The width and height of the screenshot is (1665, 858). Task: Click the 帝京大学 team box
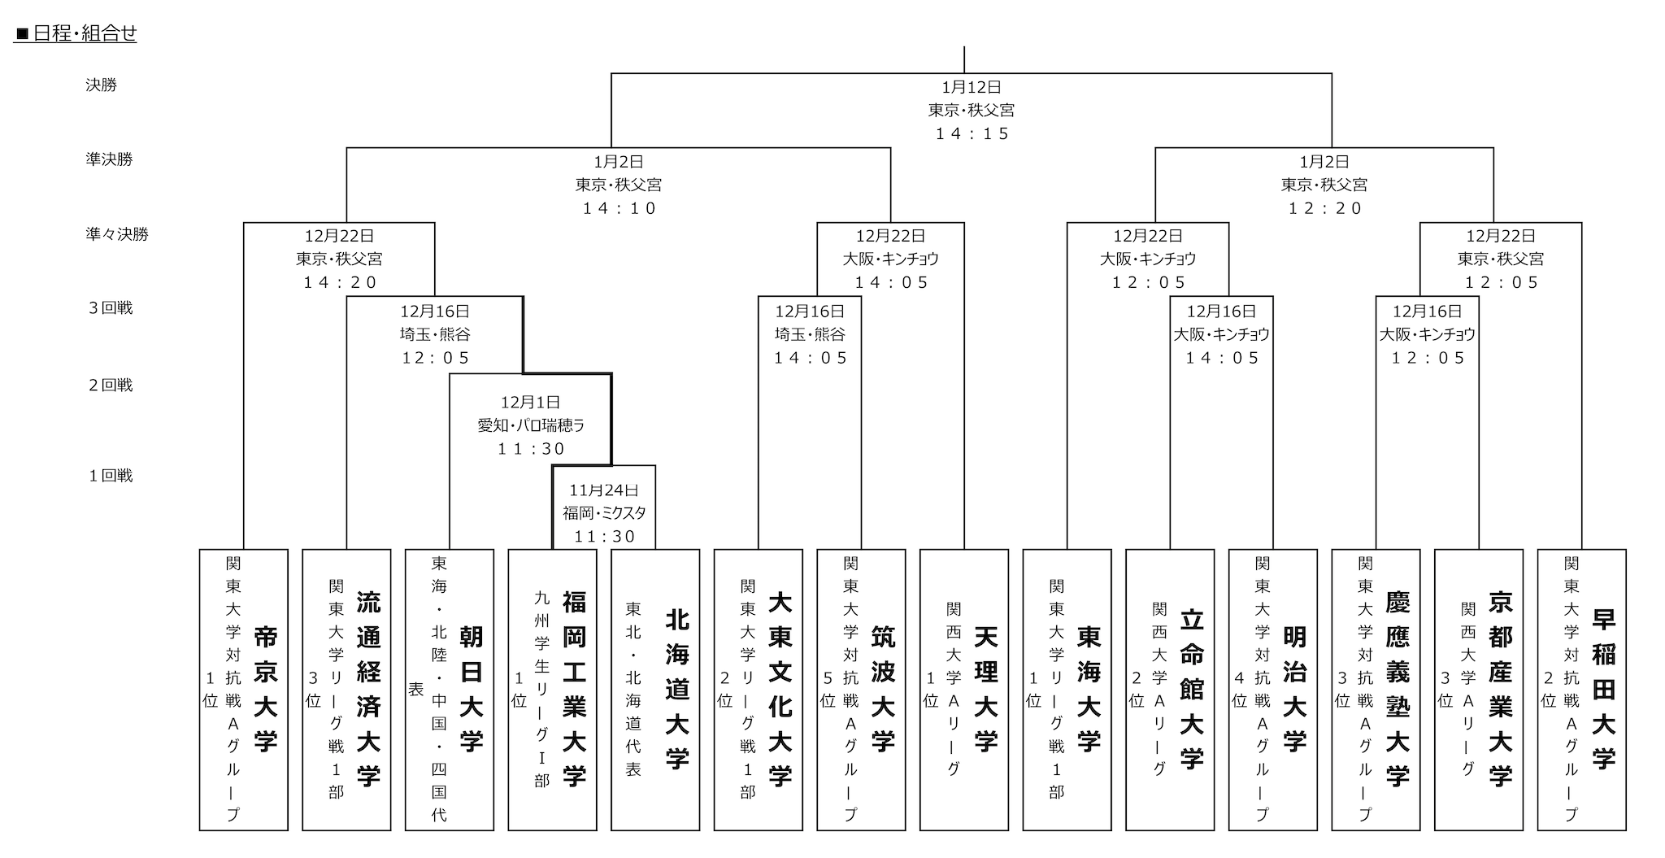pyautogui.click(x=244, y=690)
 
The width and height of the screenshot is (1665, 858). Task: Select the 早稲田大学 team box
pyautogui.click(x=1582, y=690)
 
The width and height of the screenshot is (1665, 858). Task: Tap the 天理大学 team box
pyautogui.click(x=964, y=690)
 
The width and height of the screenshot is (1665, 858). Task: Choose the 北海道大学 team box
pyautogui.click(x=655, y=690)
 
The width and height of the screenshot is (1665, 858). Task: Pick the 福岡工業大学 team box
pyautogui.click(x=553, y=690)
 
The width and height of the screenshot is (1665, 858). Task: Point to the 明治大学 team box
pyautogui.click(x=1273, y=690)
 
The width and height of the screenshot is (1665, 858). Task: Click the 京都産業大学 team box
pyautogui.click(x=1479, y=690)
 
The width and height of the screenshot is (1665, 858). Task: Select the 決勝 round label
pyautogui.click(x=102, y=85)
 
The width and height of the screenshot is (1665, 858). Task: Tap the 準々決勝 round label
pyautogui.click(x=118, y=234)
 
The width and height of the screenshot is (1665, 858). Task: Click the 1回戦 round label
pyautogui.click(x=111, y=476)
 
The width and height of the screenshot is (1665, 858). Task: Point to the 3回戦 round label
pyautogui.click(x=111, y=308)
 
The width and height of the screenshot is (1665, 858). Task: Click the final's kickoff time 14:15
pyautogui.click(x=972, y=133)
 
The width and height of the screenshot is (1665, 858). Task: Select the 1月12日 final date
pyautogui.click(x=972, y=87)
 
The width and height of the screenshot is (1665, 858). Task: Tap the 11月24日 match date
pyautogui.click(x=604, y=490)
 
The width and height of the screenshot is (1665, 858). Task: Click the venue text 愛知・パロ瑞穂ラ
pyautogui.click(x=532, y=425)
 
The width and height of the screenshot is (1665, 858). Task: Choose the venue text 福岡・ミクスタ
pyautogui.click(x=604, y=513)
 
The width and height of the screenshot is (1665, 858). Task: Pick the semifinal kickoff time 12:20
pyautogui.click(x=1325, y=208)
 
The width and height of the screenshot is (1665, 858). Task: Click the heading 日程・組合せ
pyautogui.click(x=76, y=34)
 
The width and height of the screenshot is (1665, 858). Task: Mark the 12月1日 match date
pyautogui.click(x=531, y=403)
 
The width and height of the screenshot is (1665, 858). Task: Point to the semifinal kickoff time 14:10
pyautogui.click(x=619, y=208)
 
